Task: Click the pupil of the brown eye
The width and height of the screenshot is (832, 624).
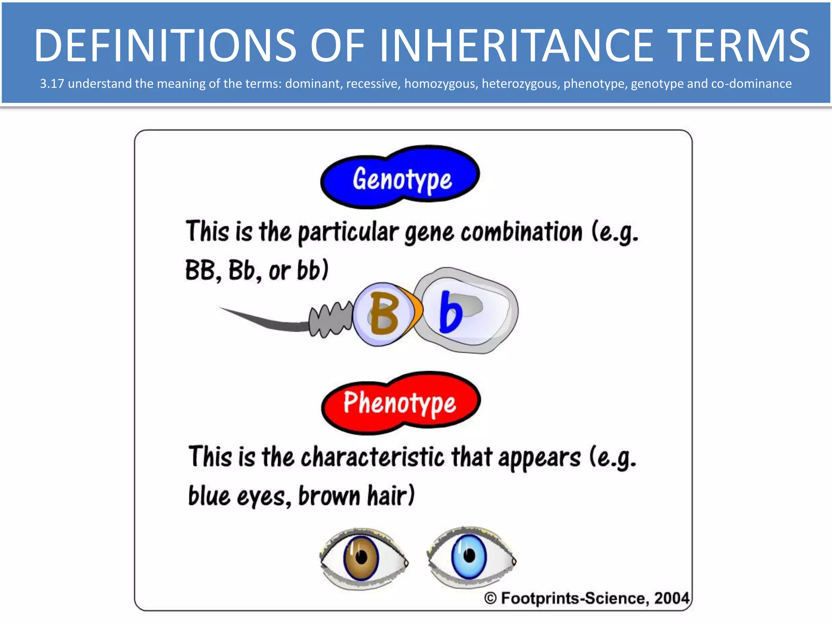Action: point(361,557)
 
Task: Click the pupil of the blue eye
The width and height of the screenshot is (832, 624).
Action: point(469,555)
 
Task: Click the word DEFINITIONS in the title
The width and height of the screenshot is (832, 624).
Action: point(165,45)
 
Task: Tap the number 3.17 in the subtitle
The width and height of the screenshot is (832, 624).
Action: point(52,84)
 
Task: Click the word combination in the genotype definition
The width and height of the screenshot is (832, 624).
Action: point(521,232)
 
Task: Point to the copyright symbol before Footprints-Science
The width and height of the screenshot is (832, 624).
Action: point(490,598)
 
